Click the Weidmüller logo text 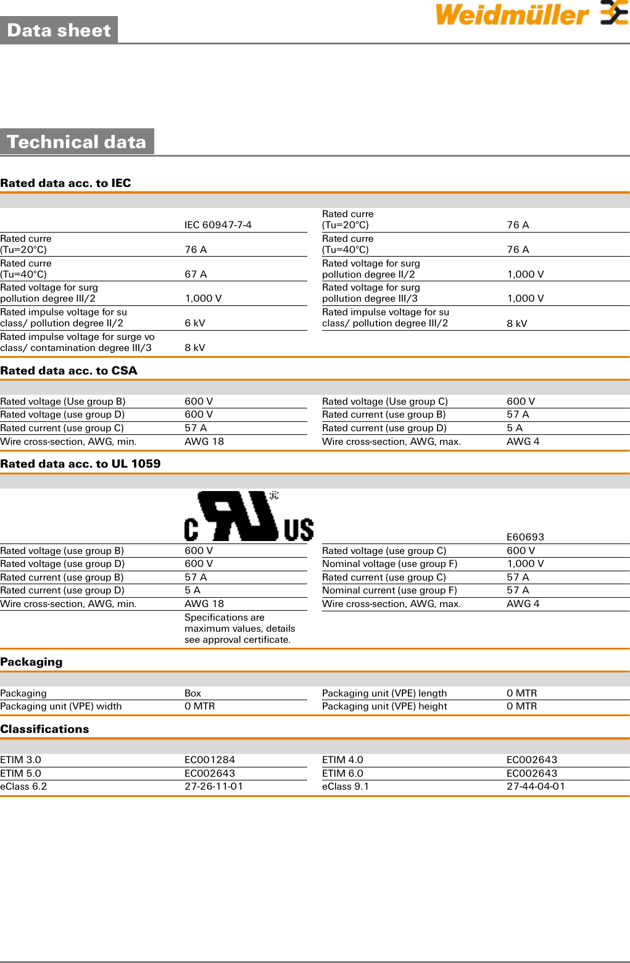tap(512, 15)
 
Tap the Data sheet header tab tap(59, 30)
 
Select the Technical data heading tap(77, 142)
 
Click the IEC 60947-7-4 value tap(218, 225)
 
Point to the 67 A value tap(196, 275)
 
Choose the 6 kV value tap(195, 323)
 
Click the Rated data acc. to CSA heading tap(68, 371)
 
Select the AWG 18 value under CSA tap(204, 442)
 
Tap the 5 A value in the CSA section tap(514, 428)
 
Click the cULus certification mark tap(249, 517)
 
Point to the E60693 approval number tap(525, 537)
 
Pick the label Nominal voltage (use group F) tap(389, 564)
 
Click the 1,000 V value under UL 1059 tap(525, 564)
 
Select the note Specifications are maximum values tap(239, 629)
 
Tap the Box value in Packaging tap(193, 693)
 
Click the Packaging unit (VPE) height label tap(384, 706)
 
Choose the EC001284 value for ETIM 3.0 tap(210, 760)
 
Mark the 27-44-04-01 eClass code tap(536, 787)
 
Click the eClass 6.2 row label tap(23, 787)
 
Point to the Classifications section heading tap(44, 729)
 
